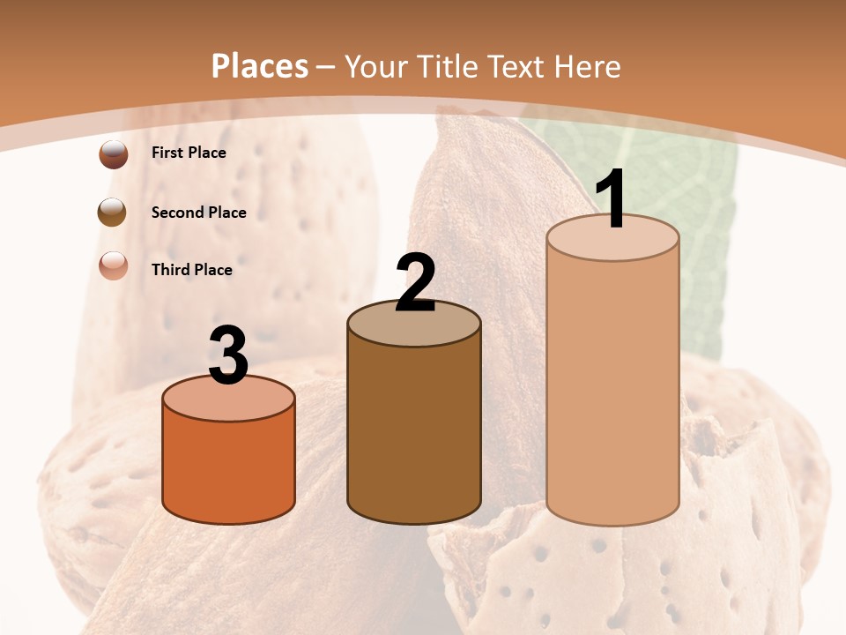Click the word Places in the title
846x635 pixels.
(260, 66)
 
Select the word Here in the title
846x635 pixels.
(587, 66)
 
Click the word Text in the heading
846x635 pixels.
(520, 66)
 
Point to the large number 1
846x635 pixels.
(612, 199)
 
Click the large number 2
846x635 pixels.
(415, 283)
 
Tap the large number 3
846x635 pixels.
(228, 355)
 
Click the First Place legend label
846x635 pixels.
(189, 153)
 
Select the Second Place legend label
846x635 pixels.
(198, 213)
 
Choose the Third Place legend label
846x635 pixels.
(191, 270)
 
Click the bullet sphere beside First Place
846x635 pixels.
(114, 154)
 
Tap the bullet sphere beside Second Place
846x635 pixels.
(113, 213)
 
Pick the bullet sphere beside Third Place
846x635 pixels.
(114, 265)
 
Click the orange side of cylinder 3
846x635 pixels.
(229, 467)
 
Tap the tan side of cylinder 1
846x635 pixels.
(613, 379)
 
